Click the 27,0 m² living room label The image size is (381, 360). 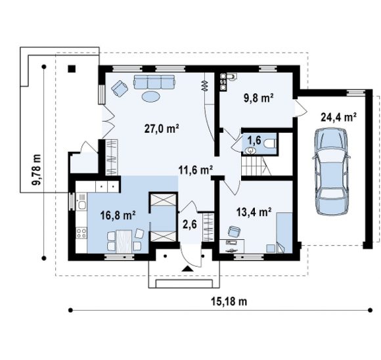[162, 129]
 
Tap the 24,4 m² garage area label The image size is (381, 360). [339, 117]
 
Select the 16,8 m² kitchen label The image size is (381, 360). [118, 215]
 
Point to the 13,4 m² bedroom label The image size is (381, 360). [254, 212]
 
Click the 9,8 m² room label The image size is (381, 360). [259, 98]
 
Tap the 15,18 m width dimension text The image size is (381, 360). [229, 302]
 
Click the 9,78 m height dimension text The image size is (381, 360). [36, 169]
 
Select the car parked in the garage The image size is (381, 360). [331, 171]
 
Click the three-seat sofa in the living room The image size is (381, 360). [154, 82]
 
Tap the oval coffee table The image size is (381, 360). [151, 97]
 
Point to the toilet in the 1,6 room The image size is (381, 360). [270, 143]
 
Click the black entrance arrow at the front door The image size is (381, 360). [187, 269]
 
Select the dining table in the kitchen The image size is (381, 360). [124, 241]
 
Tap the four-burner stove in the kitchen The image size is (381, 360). [81, 233]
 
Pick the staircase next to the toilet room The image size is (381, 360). [257, 166]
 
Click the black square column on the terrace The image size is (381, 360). [72, 69]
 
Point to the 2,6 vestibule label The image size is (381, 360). [190, 225]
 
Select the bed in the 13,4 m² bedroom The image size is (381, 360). [284, 233]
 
